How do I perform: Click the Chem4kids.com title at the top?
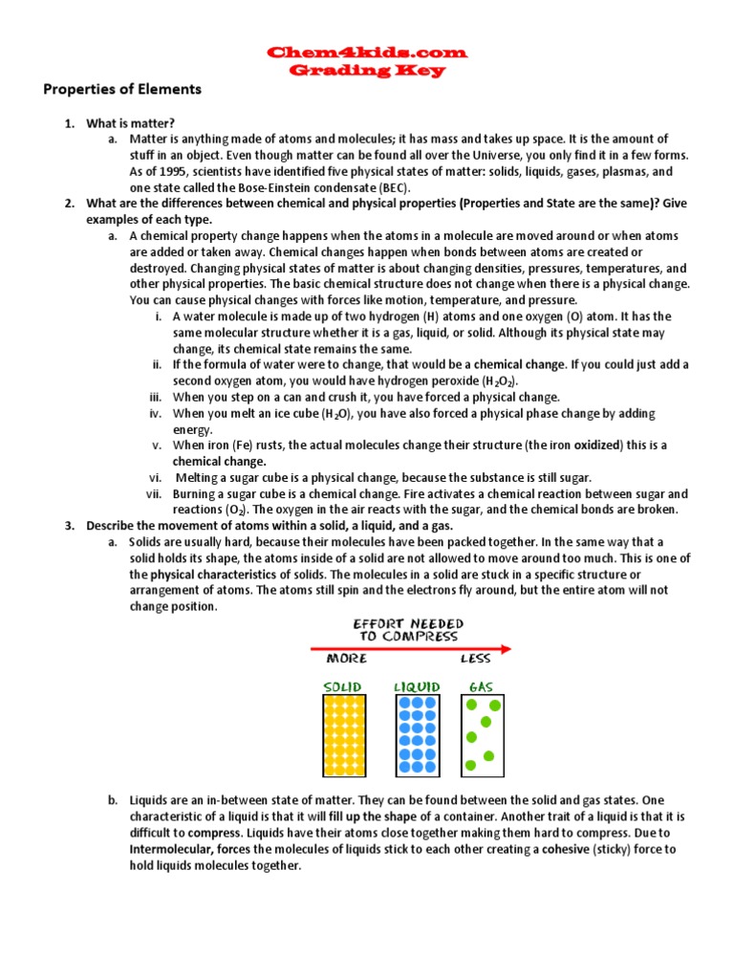coord(367,52)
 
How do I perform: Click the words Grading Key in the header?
coord(367,70)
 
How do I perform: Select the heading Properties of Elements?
coord(122,90)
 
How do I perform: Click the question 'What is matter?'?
coord(131,123)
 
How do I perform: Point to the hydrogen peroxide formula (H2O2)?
coord(494,381)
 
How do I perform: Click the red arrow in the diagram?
coord(410,650)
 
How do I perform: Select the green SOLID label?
coord(344,687)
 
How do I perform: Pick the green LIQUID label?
coord(417,687)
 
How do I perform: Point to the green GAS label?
coord(481,687)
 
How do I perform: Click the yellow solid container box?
coord(343,734)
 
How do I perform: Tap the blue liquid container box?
coord(417,734)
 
